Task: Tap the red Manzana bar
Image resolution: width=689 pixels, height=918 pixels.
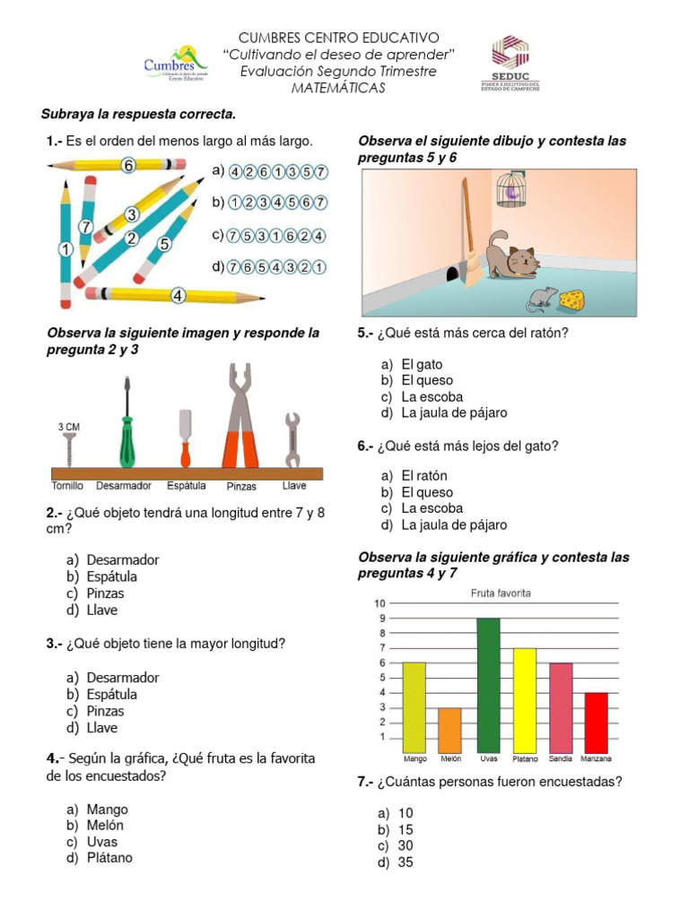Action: click(x=596, y=722)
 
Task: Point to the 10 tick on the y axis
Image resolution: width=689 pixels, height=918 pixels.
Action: click(x=380, y=603)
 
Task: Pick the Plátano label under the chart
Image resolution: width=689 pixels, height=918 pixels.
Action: click(x=525, y=758)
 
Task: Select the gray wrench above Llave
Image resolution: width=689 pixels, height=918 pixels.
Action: click(x=292, y=440)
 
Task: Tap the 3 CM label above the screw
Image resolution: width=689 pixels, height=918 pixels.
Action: click(x=68, y=427)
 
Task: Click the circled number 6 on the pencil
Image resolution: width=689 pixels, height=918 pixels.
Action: click(x=128, y=165)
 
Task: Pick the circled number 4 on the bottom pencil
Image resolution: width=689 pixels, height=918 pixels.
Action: click(x=178, y=295)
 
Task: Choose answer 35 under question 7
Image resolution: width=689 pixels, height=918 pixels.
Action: click(x=406, y=862)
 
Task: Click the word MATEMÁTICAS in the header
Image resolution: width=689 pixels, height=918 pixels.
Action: click(x=338, y=88)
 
